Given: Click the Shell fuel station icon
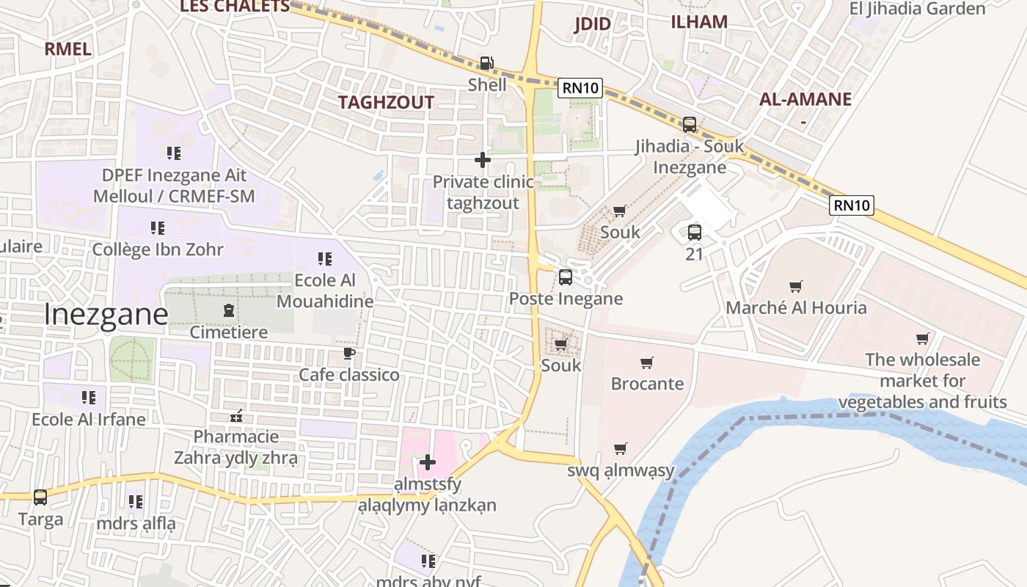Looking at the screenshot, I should (x=486, y=64).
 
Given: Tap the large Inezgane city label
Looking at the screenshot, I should (x=106, y=314).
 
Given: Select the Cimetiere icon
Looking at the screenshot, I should (x=228, y=310).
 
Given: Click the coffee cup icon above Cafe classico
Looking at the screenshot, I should (x=349, y=354).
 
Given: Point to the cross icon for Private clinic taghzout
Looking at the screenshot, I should (x=482, y=160).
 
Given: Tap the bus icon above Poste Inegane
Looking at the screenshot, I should (x=565, y=277).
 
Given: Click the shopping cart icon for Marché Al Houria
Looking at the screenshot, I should (x=795, y=286).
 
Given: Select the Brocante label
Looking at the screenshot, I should (x=647, y=384).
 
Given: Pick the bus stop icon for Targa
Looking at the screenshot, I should (x=40, y=497).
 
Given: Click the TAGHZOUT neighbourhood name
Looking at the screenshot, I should (x=386, y=103).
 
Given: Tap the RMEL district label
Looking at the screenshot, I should (x=67, y=49).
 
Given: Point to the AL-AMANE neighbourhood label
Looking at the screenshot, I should (x=805, y=100).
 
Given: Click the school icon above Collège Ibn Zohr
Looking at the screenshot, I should (x=157, y=228).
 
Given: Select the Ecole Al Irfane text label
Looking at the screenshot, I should (x=89, y=420).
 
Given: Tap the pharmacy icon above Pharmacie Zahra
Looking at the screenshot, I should (x=236, y=416).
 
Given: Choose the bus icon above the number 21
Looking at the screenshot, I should (x=694, y=233).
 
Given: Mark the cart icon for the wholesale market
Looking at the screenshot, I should (x=922, y=338).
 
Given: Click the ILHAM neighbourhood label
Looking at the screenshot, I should (x=699, y=22).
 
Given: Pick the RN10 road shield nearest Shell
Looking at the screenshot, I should (x=580, y=88).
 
